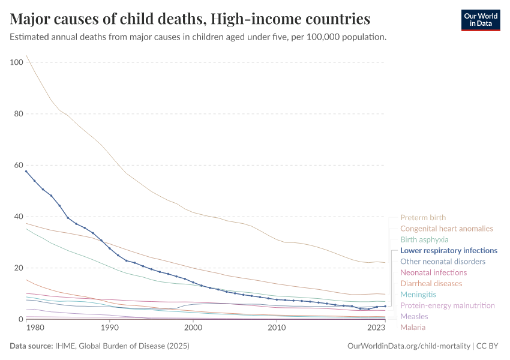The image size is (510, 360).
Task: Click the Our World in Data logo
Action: tap(480, 20)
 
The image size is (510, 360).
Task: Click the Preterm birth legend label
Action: tap(423, 218)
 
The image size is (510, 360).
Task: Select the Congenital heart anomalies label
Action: tap(446, 229)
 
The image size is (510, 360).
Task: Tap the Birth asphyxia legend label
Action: tap(424, 239)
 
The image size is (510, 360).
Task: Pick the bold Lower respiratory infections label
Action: tap(449, 250)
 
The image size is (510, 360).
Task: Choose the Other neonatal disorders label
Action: tap(443, 262)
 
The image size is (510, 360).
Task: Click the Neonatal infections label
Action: tap(433, 272)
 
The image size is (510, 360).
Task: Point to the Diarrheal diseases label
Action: tap(431, 283)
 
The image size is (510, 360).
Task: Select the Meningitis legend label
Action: tap(418, 295)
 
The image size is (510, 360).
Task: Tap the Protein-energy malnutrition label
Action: tap(448, 305)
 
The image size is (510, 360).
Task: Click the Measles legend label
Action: tap(414, 316)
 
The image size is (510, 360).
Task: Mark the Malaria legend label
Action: tap(413, 327)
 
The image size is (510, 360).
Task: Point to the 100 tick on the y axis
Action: tap(16, 62)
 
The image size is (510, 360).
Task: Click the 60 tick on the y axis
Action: tap(18, 165)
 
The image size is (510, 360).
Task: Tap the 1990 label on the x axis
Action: tap(109, 328)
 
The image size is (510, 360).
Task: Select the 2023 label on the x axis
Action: tap(376, 328)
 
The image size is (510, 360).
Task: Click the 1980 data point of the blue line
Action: tap(26, 171)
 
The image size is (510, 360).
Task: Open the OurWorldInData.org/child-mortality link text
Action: tap(409, 346)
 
